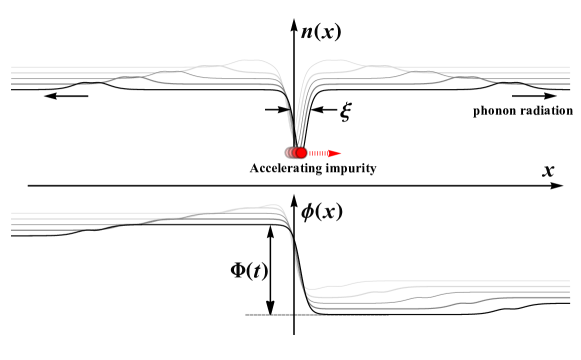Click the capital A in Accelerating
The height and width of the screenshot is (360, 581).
pos(255,168)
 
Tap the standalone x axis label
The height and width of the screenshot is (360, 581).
pos(548,171)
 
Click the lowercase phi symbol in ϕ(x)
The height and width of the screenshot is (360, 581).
pos(309,212)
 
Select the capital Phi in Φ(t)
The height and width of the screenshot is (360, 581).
pos(240,270)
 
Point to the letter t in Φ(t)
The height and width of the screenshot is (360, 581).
pos(257,270)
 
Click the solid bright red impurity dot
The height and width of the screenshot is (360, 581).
pos(301,153)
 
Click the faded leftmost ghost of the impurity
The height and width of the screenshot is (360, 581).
pos(289,153)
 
